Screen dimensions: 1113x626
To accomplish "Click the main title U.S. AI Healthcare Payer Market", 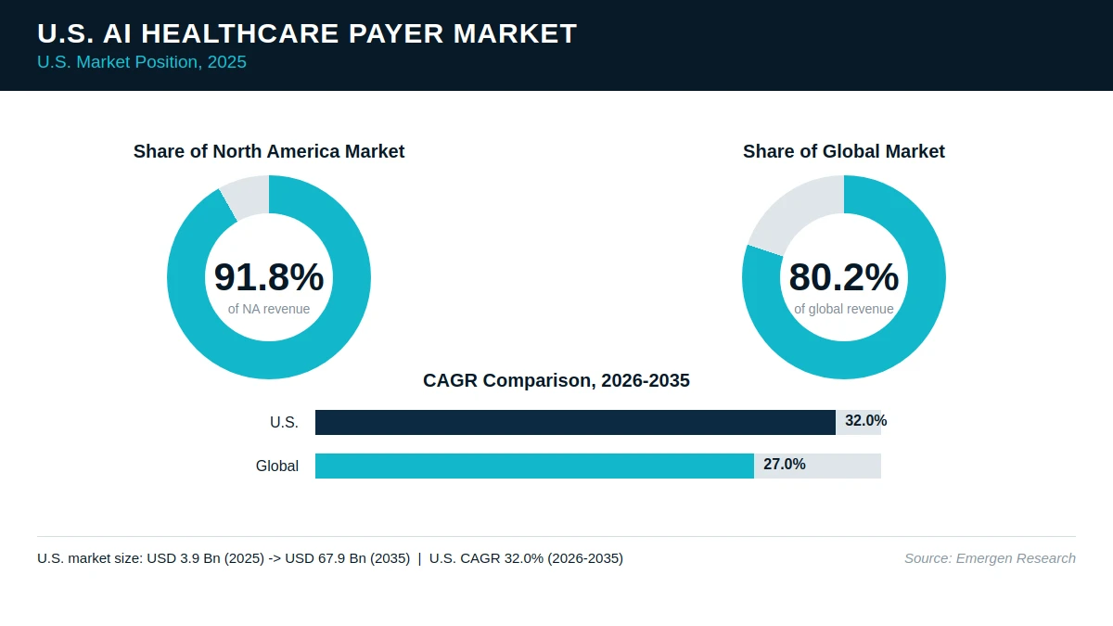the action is point(307,33).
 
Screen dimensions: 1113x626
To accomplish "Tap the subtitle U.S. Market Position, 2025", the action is point(142,62).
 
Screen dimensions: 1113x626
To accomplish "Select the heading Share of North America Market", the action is point(269,151).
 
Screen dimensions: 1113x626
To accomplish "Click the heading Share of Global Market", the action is point(844,151).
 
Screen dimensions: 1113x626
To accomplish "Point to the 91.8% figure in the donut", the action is point(269,276).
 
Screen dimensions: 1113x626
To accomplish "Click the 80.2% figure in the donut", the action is point(844,276).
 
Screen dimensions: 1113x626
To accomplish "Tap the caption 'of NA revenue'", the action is point(269,309).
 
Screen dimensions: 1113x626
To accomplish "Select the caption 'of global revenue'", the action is point(844,309).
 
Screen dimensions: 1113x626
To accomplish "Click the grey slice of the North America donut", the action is point(247,197).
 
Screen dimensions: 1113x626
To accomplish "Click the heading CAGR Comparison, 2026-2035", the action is point(556,380).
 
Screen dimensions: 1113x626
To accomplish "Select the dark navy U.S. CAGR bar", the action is point(575,422).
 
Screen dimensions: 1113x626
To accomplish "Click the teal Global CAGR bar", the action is point(534,466).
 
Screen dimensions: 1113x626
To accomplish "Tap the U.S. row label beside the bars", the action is point(284,422).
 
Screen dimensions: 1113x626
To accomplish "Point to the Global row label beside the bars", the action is point(277,466).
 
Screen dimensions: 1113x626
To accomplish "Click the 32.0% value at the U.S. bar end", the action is point(866,421).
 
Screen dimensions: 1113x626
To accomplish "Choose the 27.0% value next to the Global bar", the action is point(785,464).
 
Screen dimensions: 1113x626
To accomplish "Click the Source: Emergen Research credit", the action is point(990,558).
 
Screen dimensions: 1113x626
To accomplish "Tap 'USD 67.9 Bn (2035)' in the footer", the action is point(347,558).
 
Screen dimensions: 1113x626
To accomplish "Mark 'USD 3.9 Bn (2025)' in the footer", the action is point(205,558).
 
